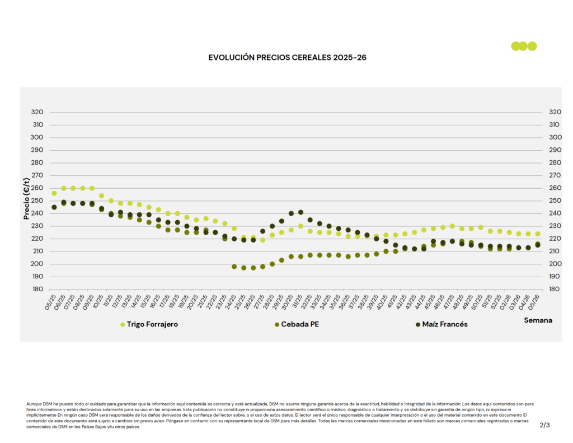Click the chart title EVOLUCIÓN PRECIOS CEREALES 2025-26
[287, 58]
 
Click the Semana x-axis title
[538, 320]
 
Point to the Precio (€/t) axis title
[26, 199]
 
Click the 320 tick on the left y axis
[37, 112]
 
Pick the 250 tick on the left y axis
[37, 200]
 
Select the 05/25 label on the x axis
[52, 301]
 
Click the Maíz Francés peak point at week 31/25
[300, 212]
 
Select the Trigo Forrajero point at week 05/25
[54, 193]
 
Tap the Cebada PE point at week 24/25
[234, 267]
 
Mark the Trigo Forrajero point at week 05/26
[538, 234]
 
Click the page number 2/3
[544, 425]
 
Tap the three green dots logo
[524, 46]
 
